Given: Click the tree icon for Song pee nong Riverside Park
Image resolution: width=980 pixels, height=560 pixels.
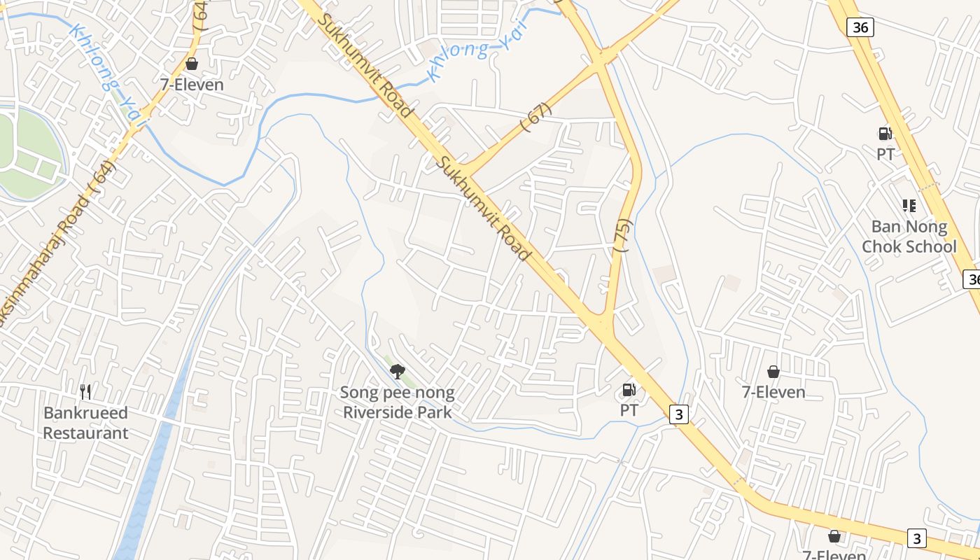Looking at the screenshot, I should point(397,371).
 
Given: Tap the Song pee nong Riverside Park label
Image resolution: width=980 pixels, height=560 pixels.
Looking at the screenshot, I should point(397,402).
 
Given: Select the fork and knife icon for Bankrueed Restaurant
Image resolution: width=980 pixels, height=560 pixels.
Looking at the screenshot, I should point(85,391).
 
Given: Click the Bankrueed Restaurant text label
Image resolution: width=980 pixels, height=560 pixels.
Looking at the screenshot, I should point(86,423).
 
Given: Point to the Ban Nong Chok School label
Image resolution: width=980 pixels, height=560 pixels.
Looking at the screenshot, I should point(909,237).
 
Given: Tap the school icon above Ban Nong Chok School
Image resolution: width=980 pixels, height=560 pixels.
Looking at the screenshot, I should point(909,205).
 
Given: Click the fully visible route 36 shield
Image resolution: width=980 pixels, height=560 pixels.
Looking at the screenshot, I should point(860,27).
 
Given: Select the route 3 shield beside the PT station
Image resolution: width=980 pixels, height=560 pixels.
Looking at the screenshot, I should point(678,414).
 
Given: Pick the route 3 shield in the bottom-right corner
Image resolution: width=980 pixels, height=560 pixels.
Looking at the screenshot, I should point(916,538).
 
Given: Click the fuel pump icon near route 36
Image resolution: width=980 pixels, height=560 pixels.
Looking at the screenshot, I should point(885,133).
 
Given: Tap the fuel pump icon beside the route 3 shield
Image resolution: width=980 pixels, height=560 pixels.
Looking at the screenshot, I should point(629,390).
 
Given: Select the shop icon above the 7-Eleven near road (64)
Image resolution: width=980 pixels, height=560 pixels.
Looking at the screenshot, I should point(192,64).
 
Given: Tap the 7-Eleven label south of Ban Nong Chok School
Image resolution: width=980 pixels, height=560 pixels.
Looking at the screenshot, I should point(773,392).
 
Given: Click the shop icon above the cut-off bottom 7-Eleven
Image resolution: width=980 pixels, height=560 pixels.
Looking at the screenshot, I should point(834,536).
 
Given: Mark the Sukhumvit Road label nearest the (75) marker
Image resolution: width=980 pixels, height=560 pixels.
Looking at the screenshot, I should point(483,208).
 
